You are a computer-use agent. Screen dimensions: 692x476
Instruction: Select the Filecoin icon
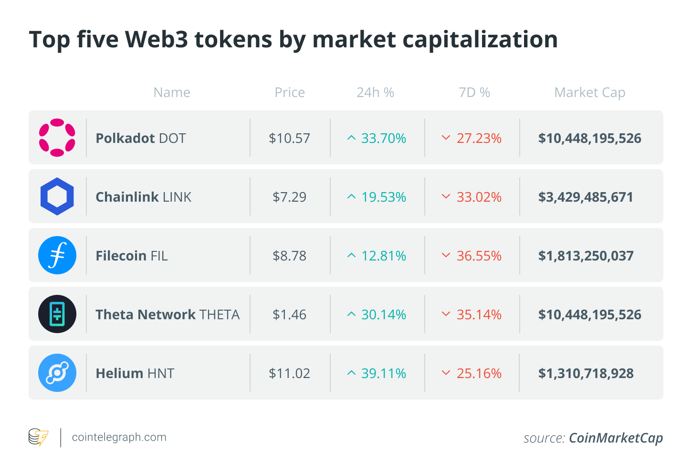tap(57, 255)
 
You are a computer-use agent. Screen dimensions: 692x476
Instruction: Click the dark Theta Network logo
tap(57, 314)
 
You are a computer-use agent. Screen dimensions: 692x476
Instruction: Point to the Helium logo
tap(57, 373)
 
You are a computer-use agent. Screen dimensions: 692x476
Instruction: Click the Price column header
tap(290, 93)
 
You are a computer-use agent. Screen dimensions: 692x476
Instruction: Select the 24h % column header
tap(375, 93)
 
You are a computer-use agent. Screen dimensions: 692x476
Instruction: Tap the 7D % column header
tap(474, 93)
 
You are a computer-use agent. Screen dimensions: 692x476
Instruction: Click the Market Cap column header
tap(590, 93)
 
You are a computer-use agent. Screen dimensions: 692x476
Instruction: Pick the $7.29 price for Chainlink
tap(290, 197)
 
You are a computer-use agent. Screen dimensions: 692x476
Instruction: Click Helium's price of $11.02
tap(290, 373)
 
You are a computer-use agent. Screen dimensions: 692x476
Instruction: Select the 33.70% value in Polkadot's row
tap(384, 138)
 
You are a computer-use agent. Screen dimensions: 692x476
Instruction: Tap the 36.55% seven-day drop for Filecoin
tap(479, 256)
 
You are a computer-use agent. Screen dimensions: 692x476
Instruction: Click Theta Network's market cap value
tap(590, 314)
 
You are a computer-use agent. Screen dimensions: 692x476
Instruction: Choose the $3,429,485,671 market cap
tap(586, 197)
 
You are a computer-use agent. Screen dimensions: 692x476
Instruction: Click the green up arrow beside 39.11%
tap(352, 373)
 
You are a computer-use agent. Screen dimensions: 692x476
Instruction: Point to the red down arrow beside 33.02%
tap(446, 196)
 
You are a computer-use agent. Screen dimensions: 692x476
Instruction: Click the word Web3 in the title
tap(157, 40)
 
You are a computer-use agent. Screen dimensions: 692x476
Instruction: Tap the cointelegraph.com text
tap(119, 437)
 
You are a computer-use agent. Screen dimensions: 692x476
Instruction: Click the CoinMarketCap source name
tap(616, 438)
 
